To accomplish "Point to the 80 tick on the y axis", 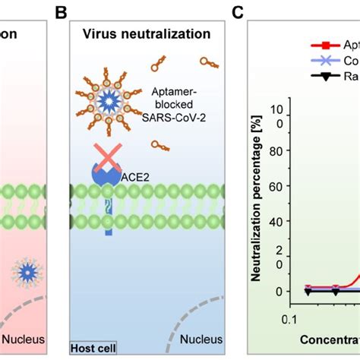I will (278, 150).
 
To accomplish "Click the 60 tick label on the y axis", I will (278, 186).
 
